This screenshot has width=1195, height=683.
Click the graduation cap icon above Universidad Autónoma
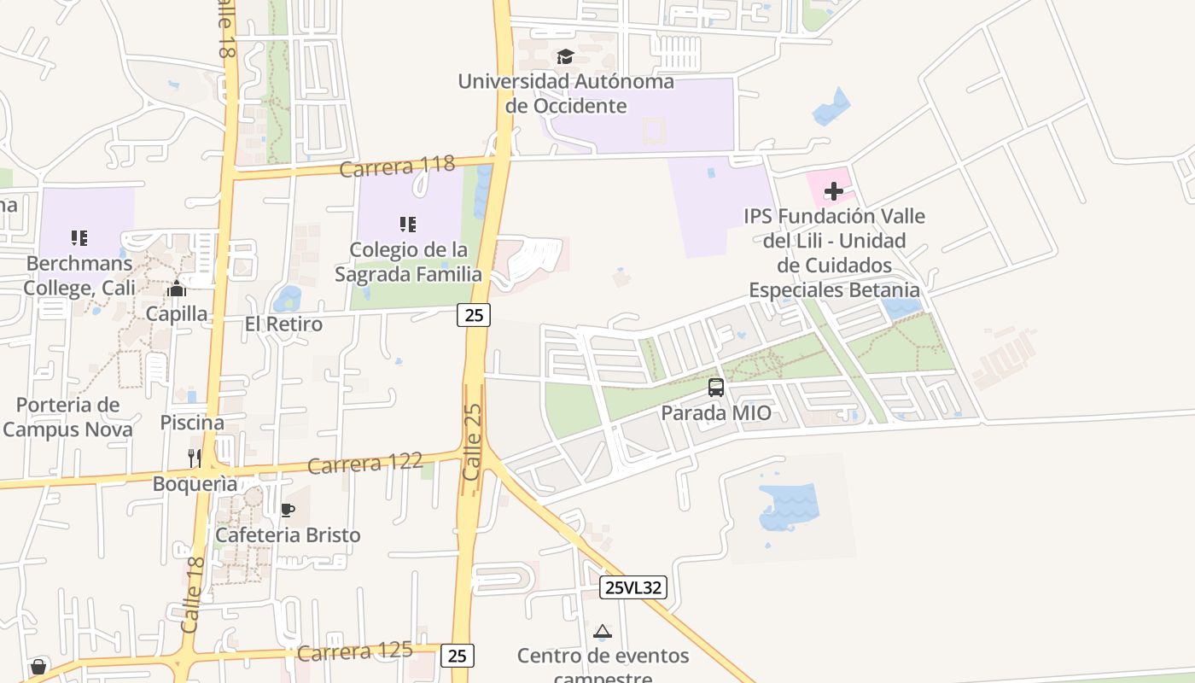(565, 57)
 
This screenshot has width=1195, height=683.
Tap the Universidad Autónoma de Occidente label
(566, 94)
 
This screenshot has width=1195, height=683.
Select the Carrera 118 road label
(397, 166)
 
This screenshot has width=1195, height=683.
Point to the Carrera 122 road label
(364, 464)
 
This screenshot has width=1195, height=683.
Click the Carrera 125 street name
(355, 651)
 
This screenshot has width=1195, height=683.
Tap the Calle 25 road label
(472, 442)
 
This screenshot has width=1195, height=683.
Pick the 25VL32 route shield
(632, 587)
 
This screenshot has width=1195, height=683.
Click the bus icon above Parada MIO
(716, 388)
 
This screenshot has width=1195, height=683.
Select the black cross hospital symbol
(834, 191)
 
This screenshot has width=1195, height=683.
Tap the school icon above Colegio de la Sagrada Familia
(408, 225)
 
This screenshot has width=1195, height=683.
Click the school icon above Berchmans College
(79, 237)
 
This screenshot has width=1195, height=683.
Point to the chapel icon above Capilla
(177, 289)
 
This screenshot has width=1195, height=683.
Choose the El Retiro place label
(283, 324)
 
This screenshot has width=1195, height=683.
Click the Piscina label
(192, 423)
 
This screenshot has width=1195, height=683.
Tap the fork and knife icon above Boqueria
(195, 458)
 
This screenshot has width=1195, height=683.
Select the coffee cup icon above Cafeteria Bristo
(288, 511)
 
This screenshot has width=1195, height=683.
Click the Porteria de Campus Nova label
(67, 417)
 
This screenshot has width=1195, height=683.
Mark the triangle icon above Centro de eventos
(603, 632)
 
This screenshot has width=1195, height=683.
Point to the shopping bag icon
(38, 666)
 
